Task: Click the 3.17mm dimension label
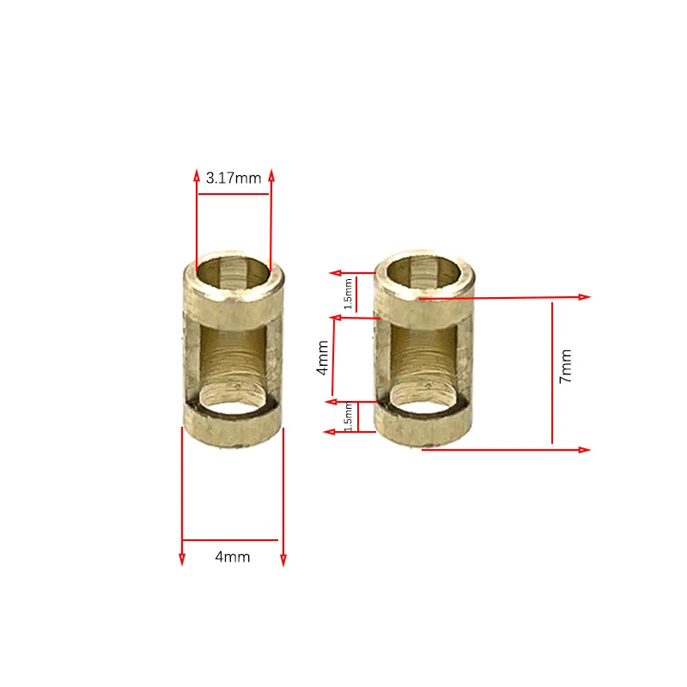234,179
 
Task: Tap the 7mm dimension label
564,367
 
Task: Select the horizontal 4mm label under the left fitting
233,556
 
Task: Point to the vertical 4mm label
322,356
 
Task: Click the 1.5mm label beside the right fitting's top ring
348,294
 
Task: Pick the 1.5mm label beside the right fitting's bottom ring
348,418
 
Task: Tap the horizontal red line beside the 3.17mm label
234,194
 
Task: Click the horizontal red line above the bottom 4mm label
230,540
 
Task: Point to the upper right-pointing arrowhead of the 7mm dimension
586,297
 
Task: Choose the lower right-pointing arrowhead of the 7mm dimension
586,450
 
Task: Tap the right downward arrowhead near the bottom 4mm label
283,560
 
